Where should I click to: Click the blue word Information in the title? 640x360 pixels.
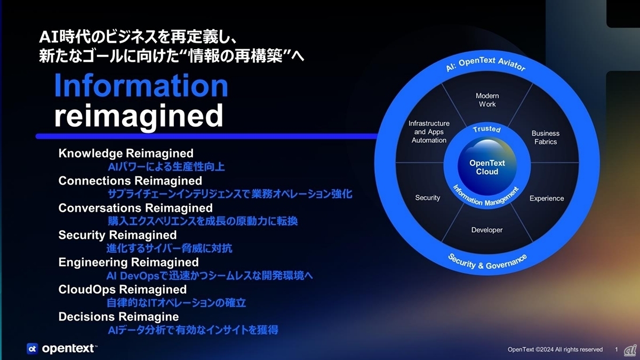[x=141, y=85]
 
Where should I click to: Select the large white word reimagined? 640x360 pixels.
[x=139, y=116]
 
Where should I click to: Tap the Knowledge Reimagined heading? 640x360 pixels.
[x=126, y=154]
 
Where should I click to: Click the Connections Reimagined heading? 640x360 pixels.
[x=130, y=181]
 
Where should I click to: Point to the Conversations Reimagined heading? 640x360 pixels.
[x=135, y=207]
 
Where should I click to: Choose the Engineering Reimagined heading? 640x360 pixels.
[x=129, y=262]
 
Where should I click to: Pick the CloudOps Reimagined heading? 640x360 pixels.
[x=122, y=290]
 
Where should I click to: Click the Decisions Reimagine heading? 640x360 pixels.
[x=118, y=317]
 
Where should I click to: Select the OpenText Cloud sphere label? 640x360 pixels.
[x=487, y=167]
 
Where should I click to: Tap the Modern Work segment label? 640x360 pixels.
[x=487, y=100]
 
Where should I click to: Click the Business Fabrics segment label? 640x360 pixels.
[x=546, y=138]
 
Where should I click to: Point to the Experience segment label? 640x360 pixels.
[x=547, y=198]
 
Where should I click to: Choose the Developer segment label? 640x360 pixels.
[x=487, y=230]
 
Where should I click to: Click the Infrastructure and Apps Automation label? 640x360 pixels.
[x=429, y=132]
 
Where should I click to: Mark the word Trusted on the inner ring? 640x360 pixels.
[x=487, y=129]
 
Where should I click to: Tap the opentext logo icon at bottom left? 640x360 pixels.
[x=32, y=349]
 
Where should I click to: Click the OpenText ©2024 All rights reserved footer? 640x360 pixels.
[x=555, y=349]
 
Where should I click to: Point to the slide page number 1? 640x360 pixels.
[x=617, y=349]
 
